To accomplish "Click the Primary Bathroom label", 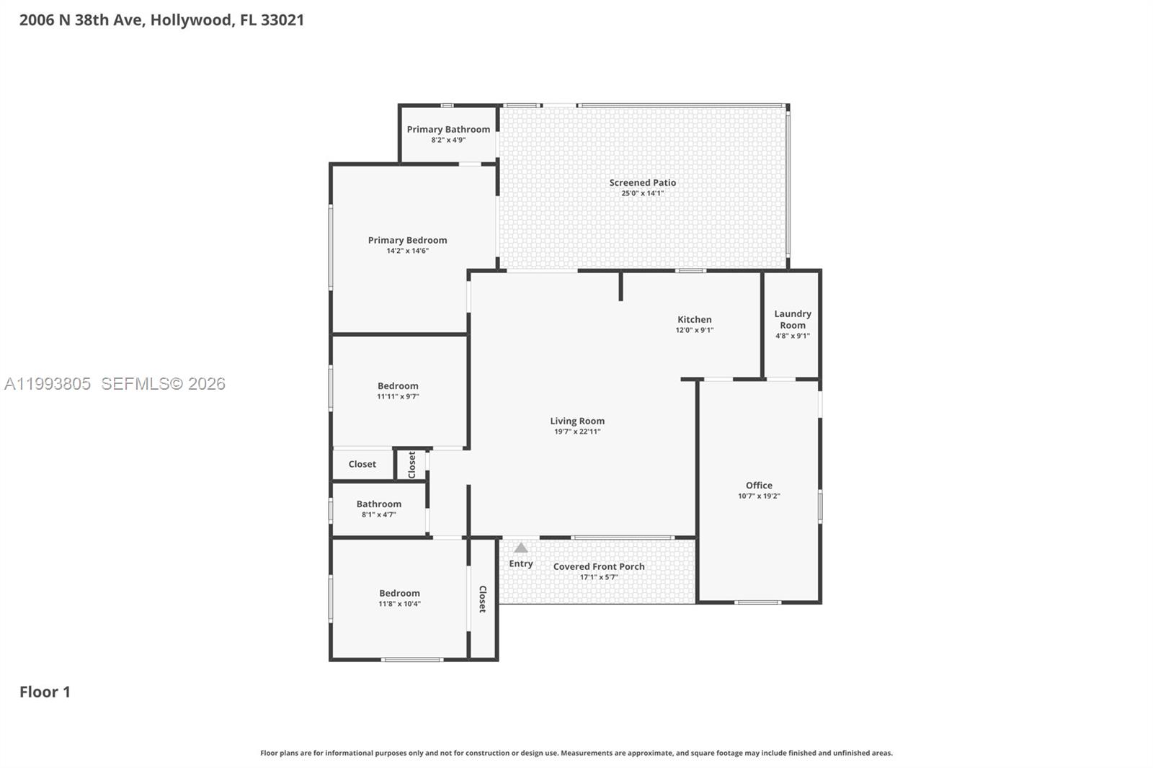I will [448, 130].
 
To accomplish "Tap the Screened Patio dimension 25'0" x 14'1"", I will [642, 193].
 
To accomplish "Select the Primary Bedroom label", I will [407, 241].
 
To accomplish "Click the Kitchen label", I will [694, 320].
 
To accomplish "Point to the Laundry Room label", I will [792, 319].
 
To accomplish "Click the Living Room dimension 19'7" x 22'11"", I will [576, 432].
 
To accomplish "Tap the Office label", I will [759, 486].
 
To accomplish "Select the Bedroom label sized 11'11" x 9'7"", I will [398, 386].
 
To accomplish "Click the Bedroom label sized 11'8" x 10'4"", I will [399, 594].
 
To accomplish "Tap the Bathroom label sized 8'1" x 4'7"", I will [378, 504].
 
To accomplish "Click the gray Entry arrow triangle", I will [520, 548].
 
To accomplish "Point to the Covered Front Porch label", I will [599, 567].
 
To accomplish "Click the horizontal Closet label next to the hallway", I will [362, 465].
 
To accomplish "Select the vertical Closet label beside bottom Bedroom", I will [483, 599].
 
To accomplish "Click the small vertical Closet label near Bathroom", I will [412, 465].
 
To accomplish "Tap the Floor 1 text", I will [45, 692].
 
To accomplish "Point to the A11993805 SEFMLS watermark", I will [115, 384].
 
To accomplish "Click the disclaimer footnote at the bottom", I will [576, 753].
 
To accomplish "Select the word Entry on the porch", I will [520, 564].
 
